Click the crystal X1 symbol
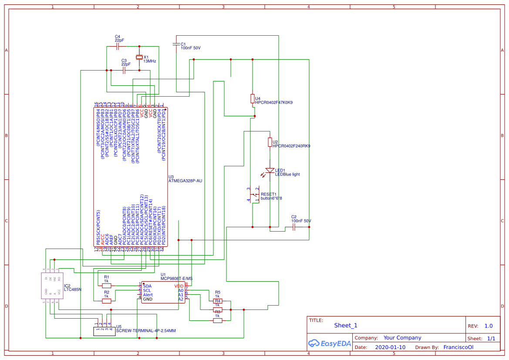click(139, 57)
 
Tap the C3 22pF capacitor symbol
click(124, 70)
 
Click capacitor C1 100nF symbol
click(176, 44)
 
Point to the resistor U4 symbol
click(253, 98)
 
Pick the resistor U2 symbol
click(270, 142)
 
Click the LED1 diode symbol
click(270, 171)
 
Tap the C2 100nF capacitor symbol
click(293, 227)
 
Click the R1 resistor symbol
click(106, 286)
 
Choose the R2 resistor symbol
click(106, 301)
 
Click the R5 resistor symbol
click(217, 301)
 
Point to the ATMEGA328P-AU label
click(185, 181)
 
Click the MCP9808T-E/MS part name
click(176, 278)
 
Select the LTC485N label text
click(73, 289)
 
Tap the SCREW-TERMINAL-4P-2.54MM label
click(146, 331)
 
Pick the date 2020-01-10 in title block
click(390, 347)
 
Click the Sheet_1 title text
click(346, 325)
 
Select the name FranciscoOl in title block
click(458, 347)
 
